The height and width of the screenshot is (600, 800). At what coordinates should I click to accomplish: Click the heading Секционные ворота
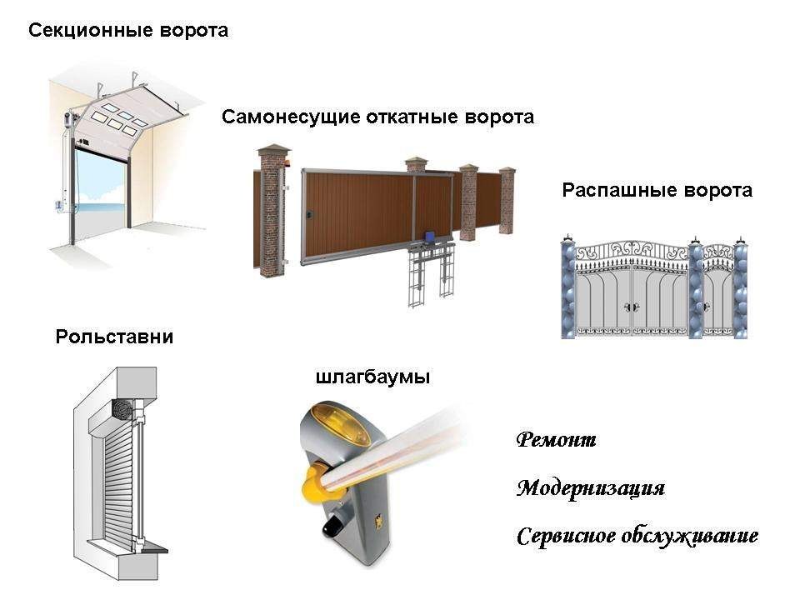coord(128,32)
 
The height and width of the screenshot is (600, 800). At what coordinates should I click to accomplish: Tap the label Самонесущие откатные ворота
coord(377,117)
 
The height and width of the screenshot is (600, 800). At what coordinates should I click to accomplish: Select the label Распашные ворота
coord(657,190)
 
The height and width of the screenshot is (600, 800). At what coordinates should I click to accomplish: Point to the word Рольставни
coord(115,337)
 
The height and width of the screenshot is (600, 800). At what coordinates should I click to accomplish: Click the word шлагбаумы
coord(372,377)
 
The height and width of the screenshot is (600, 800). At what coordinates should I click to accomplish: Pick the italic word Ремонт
coord(556,440)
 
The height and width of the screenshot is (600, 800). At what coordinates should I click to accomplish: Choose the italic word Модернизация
coord(591,487)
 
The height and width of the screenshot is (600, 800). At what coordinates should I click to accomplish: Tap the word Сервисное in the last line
coord(566,535)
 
